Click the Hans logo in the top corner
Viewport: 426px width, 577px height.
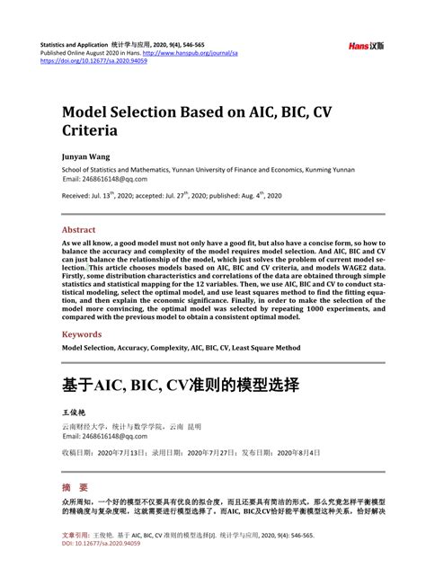367,45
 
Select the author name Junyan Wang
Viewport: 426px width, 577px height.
86,155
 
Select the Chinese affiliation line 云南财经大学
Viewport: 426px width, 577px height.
81,426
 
